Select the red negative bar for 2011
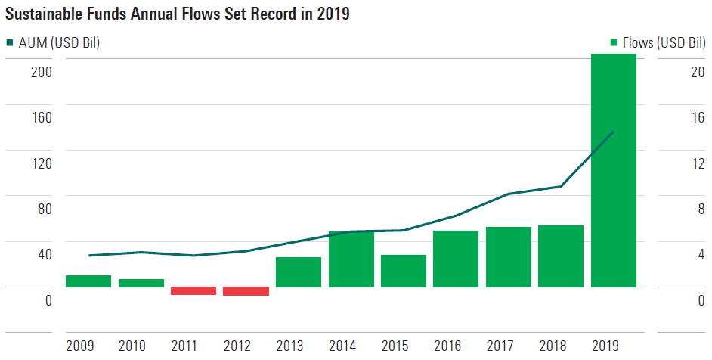[x=193, y=291]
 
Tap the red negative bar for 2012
[x=246, y=291]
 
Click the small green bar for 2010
[x=141, y=283]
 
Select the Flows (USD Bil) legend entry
[x=657, y=43]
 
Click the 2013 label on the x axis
[x=290, y=346]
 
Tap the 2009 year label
[x=80, y=346]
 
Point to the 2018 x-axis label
[x=553, y=346]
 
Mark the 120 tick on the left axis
[x=41, y=163]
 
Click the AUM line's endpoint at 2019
[x=613, y=132]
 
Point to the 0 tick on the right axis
[x=701, y=300]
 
